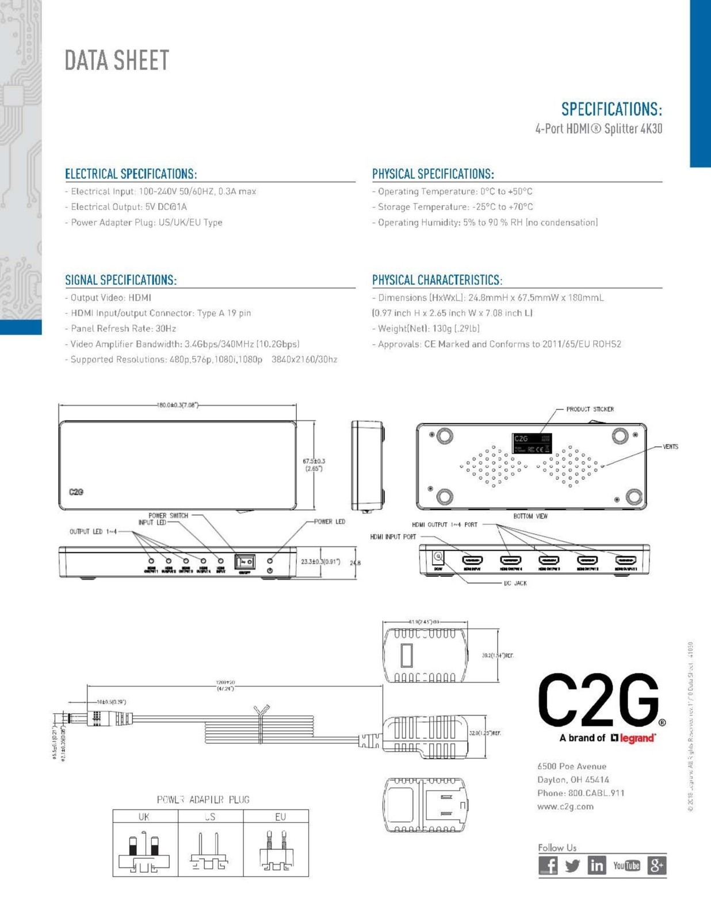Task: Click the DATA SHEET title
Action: (117, 60)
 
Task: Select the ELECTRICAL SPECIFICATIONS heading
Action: (131, 174)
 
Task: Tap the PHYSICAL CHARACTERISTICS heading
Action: (437, 280)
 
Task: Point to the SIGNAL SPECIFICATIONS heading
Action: (121, 280)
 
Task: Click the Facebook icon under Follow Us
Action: (548, 865)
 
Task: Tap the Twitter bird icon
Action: (572, 865)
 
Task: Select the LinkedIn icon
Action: (597, 865)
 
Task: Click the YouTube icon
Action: (626, 865)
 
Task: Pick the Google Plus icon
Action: (656, 865)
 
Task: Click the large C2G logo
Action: (599, 701)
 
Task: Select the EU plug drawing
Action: (276, 851)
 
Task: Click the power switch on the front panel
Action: (244, 561)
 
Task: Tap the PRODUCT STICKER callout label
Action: (590, 409)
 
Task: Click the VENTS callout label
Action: (670, 447)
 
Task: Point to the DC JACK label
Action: (515, 583)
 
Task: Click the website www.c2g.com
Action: (565, 806)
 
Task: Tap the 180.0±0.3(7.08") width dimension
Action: (178, 405)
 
